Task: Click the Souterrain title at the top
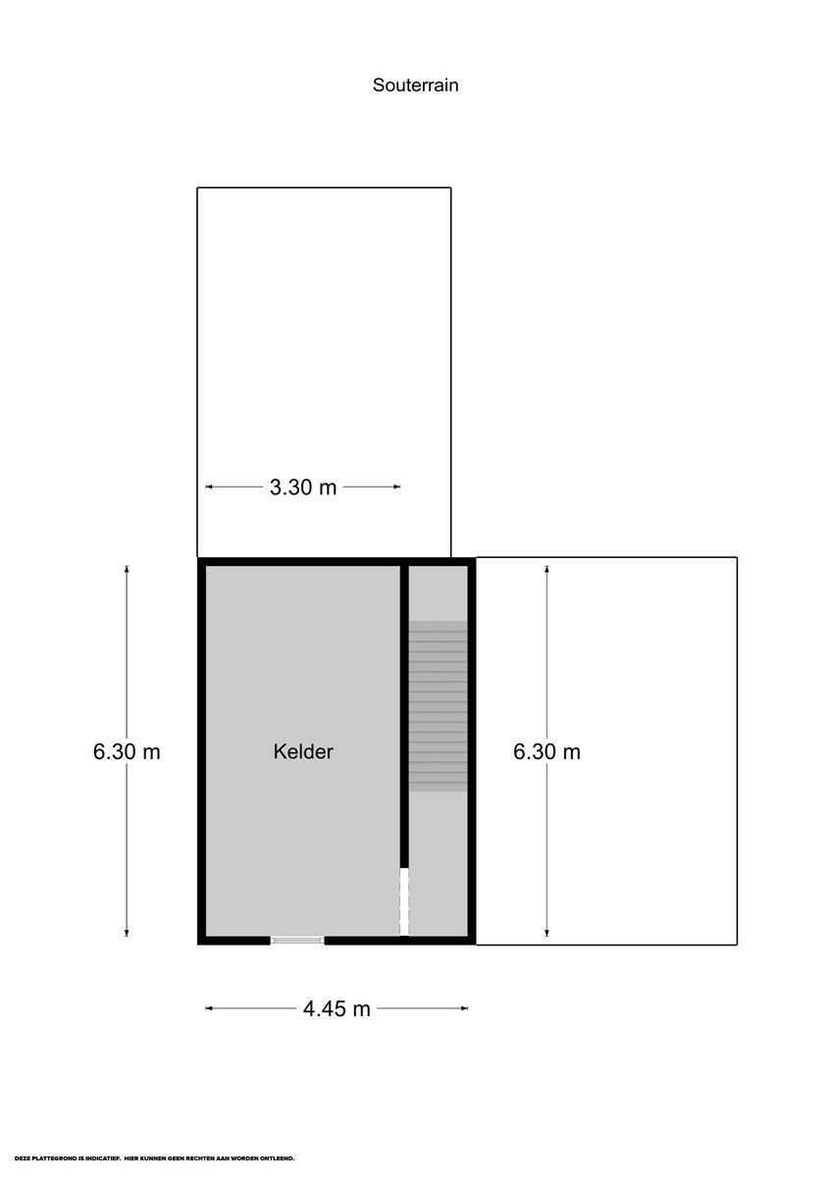tap(415, 85)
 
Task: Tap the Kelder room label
tap(303, 751)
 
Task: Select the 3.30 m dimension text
tap(303, 487)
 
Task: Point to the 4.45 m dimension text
tap(337, 1008)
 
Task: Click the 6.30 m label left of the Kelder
tap(127, 752)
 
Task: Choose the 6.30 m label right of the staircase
tap(546, 752)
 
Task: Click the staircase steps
tap(438, 705)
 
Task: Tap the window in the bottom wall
tap(297, 940)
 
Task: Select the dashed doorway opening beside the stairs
tap(404, 901)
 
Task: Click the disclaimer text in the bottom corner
tap(154, 1158)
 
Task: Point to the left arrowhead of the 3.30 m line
tap(208, 487)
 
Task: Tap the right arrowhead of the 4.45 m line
tap(465, 1008)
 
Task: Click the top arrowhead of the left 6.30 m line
tap(127, 569)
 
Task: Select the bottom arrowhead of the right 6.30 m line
tap(546, 932)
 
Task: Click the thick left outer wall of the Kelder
tap(201, 751)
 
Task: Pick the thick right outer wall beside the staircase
tap(472, 751)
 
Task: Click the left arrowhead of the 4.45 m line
tap(208, 1008)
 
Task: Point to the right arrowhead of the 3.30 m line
tap(397, 487)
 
